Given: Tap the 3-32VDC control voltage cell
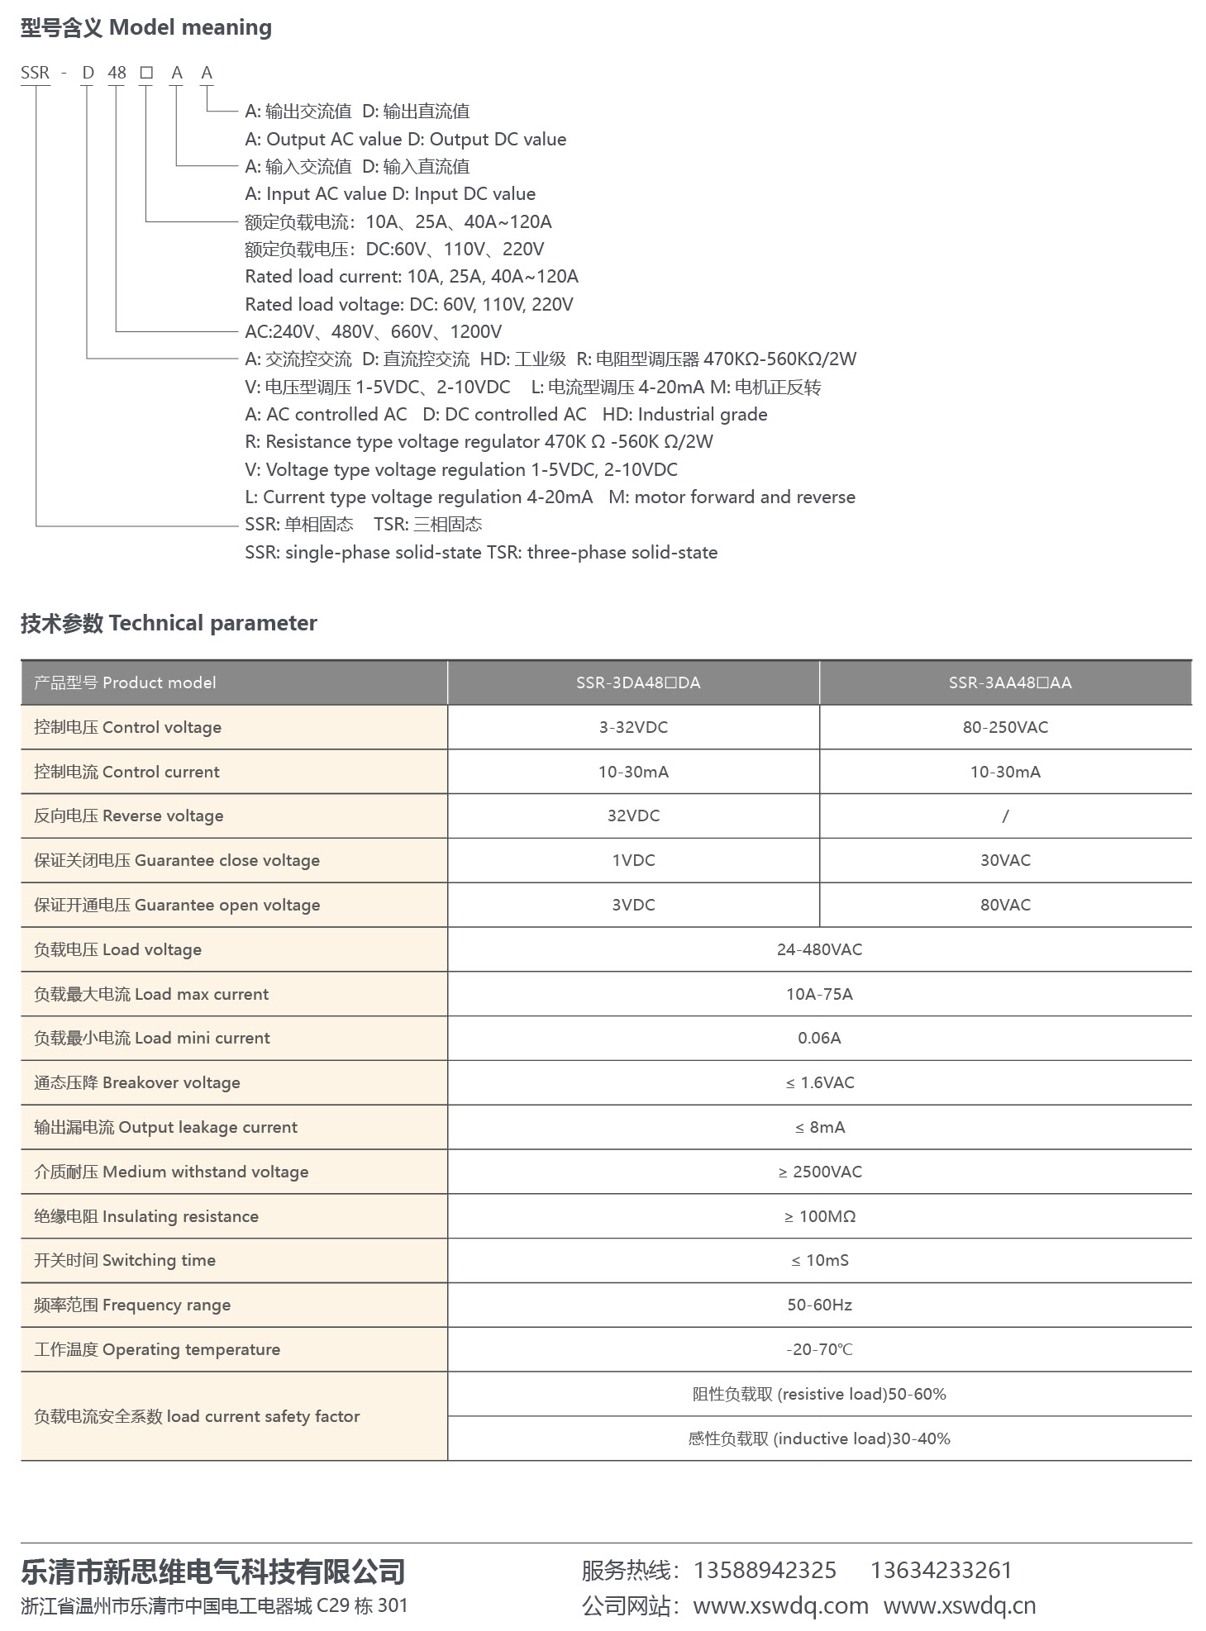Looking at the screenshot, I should tap(633, 727).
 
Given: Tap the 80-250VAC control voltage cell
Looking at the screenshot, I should tap(1005, 727).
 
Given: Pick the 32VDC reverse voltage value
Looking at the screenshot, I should tap(633, 815).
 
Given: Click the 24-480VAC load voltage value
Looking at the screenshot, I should tap(819, 949).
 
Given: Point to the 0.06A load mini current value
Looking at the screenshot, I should tap(819, 1038).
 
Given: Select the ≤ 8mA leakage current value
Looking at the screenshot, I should tap(819, 1127).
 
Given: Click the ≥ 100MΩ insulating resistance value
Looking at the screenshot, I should tap(819, 1216).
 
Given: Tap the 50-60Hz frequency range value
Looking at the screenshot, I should tap(819, 1305).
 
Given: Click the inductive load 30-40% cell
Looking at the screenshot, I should tap(819, 1438).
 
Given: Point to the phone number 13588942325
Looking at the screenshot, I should tap(765, 1570).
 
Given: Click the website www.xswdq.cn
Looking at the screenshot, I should tap(959, 1605).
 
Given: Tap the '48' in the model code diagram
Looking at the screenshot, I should tap(117, 73).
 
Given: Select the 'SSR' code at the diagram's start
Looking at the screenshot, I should tap(36, 73).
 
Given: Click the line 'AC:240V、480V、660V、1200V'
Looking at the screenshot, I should tap(374, 331).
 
